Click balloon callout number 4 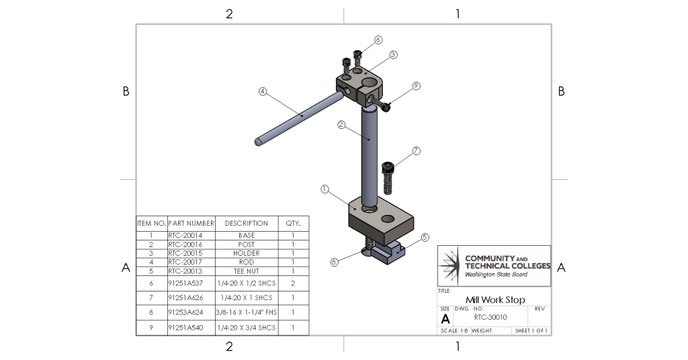(263, 91)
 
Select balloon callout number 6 (378, 40)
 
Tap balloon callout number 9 (416, 86)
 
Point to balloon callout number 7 (416, 150)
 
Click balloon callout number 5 (425, 237)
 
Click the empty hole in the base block (388, 219)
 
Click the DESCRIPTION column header (246, 223)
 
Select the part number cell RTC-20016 (185, 244)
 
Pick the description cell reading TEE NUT (246, 271)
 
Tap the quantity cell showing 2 (293, 283)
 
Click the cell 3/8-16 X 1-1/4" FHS (246, 312)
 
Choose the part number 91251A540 (185, 328)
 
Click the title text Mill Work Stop (495, 300)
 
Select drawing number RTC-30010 (490, 317)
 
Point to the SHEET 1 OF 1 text (531, 331)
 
